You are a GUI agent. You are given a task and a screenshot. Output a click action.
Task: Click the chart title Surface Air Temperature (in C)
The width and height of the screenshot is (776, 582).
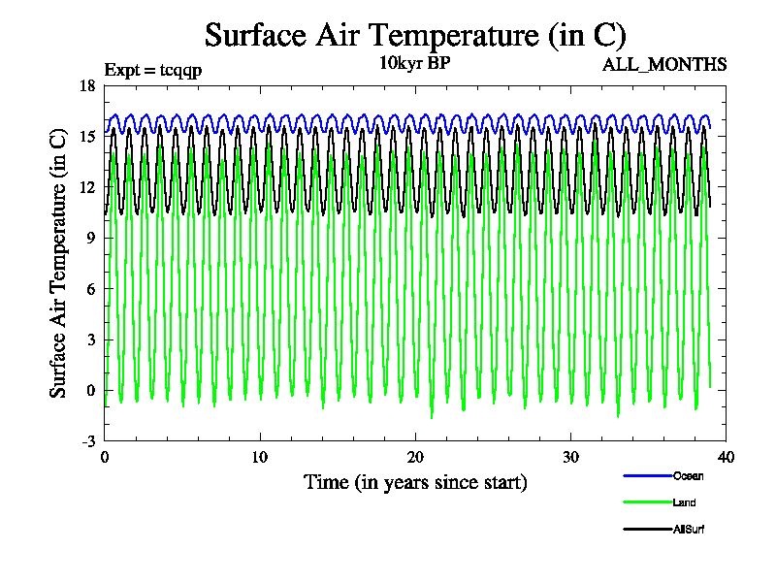[415, 35]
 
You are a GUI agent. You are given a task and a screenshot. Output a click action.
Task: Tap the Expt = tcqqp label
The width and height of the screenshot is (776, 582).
[152, 69]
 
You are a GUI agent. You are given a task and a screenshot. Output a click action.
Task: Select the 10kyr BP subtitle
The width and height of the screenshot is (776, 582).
[414, 64]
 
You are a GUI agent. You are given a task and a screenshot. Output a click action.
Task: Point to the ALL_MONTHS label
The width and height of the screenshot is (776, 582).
[664, 65]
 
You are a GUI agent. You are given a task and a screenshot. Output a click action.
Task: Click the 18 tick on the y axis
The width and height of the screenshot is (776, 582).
[87, 85]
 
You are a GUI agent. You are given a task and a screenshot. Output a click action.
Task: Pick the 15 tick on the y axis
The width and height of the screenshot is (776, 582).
[87, 136]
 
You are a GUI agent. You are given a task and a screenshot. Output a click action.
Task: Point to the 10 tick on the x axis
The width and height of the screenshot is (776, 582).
[260, 458]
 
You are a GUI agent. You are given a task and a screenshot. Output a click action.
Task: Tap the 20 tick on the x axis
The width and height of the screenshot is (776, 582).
[415, 458]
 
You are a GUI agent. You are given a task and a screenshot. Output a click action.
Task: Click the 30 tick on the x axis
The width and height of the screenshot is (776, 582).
[570, 458]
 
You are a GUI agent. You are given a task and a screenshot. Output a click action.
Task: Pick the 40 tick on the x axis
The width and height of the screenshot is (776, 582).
[726, 458]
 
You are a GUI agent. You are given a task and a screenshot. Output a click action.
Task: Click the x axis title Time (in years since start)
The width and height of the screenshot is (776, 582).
[415, 482]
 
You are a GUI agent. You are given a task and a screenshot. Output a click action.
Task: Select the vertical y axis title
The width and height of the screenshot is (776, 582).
[58, 263]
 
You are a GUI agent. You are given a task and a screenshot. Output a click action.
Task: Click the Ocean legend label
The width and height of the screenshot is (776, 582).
[688, 475]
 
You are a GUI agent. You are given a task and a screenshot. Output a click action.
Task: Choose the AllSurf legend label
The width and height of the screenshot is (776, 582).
[689, 529]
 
